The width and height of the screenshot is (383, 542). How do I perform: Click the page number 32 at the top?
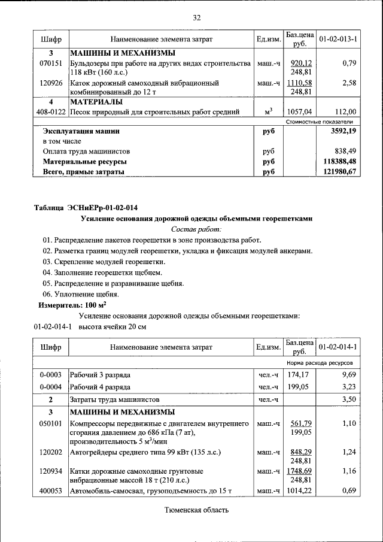tap(196, 17)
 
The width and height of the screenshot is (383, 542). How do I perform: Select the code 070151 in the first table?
tap(50, 63)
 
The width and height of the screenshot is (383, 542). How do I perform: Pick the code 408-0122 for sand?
tap(51, 111)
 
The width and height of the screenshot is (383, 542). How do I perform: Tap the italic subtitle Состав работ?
tap(196, 229)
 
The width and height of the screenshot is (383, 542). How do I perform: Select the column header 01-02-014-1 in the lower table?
tap(338, 347)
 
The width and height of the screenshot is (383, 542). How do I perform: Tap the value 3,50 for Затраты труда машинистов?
tap(348, 399)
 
